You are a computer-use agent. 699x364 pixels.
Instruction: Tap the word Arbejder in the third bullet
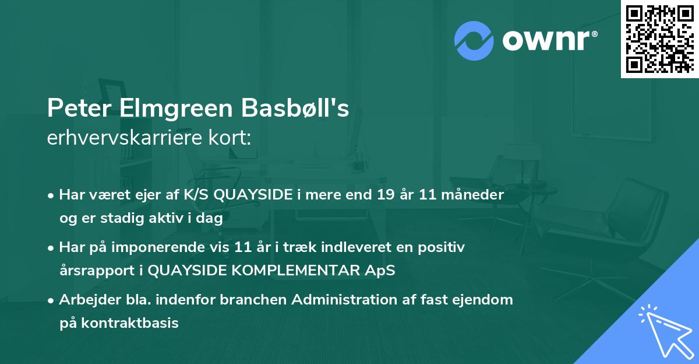tap(84, 300)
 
